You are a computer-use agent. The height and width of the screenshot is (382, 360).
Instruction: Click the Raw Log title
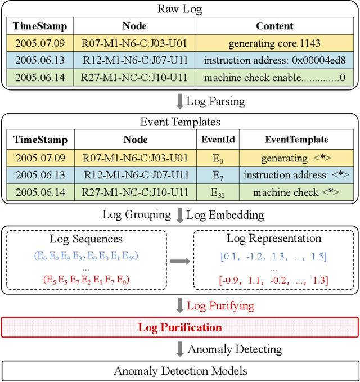(x=179, y=8)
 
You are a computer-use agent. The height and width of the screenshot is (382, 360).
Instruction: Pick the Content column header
(x=274, y=26)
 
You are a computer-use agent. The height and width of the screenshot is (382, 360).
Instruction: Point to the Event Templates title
(x=179, y=122)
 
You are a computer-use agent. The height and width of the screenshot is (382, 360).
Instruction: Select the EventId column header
(x=218, y=140)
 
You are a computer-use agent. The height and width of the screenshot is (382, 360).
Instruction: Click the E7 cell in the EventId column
(x=218, y=175)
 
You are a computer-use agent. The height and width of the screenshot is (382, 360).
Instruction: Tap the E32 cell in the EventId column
(x=218, y=192)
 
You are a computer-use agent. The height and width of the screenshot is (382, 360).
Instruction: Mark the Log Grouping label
(x=137, y=214)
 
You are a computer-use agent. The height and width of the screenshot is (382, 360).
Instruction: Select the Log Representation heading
(x=273, y=239)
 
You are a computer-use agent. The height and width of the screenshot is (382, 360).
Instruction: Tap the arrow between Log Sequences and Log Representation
(x=180, y=260)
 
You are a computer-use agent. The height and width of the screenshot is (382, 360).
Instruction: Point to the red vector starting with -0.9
(x=273, y=280)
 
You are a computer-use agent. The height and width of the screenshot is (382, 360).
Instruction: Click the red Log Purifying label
(x=220, y=306)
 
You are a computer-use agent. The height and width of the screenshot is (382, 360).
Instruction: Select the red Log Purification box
(x=179, y=327)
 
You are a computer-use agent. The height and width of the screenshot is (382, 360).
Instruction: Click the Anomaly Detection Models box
(x=179, y=371)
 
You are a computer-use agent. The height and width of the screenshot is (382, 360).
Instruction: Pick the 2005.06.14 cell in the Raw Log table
(x=40, y=77)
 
